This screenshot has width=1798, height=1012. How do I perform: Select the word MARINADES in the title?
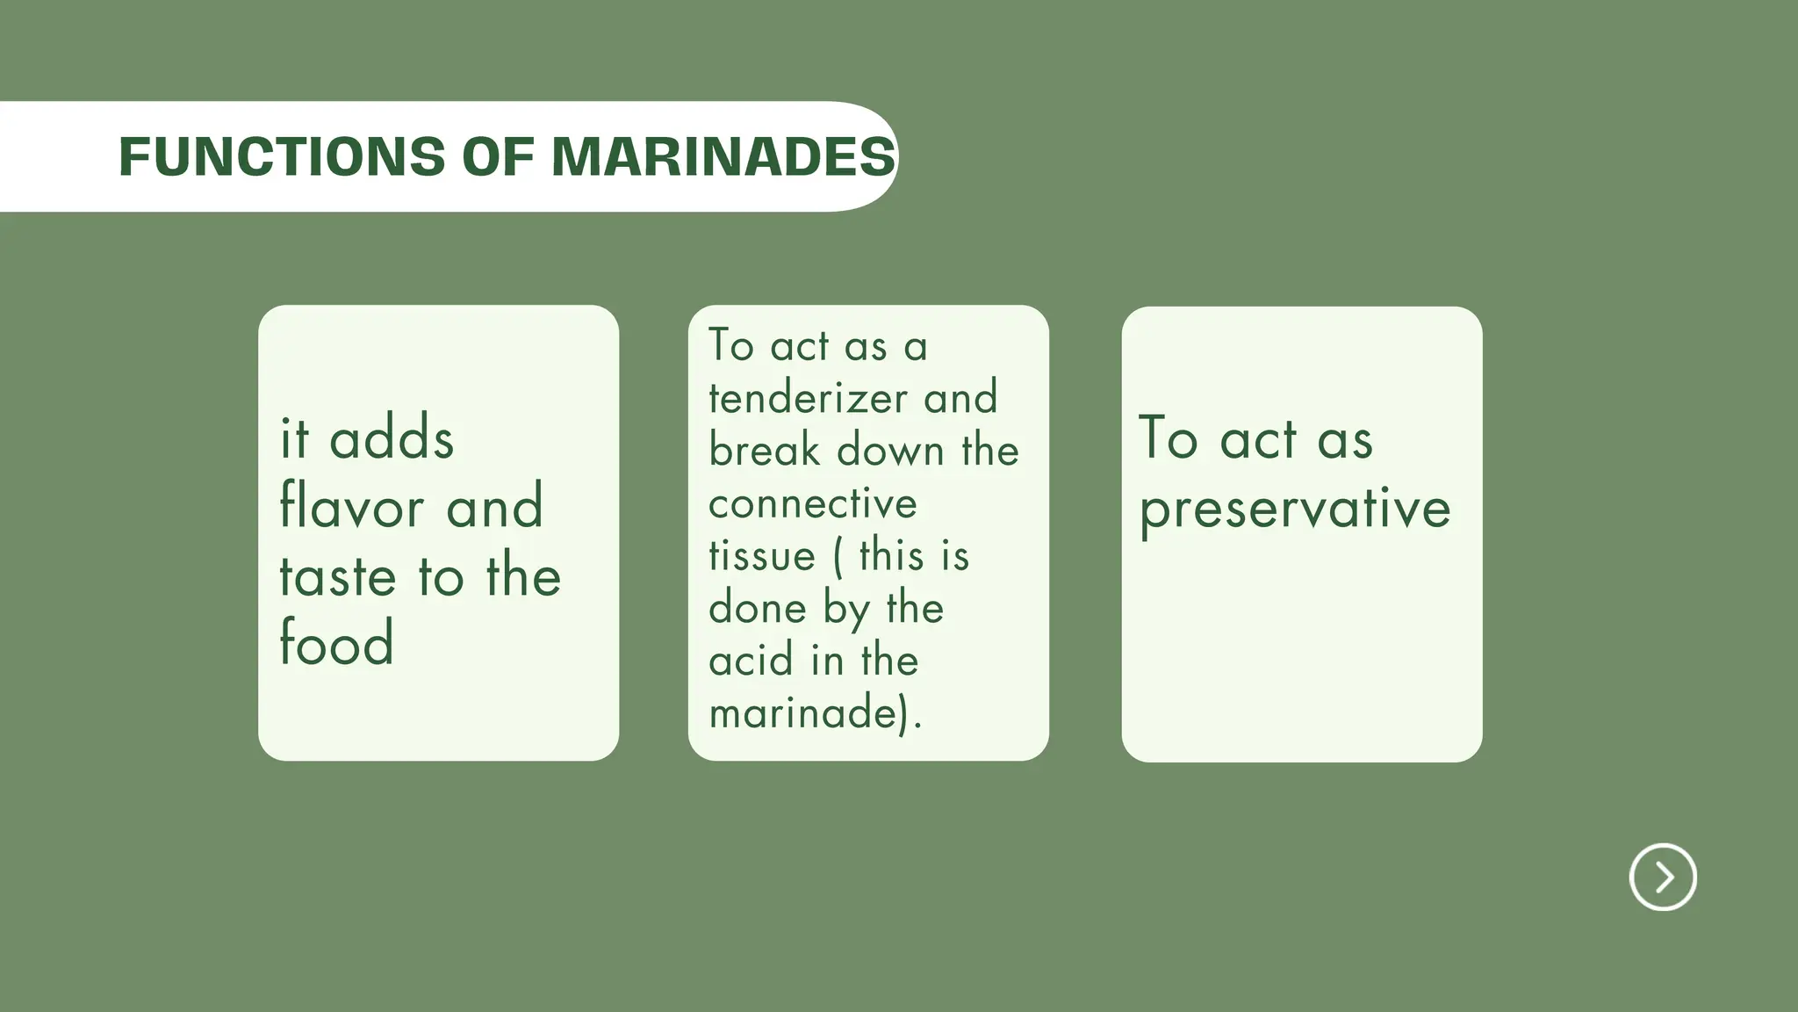pos(723,157)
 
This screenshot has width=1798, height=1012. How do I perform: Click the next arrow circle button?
pos(1663,877)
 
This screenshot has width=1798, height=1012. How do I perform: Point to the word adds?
pos(392,438)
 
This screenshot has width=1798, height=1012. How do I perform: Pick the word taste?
pos(338,576)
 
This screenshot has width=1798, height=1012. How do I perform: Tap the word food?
pos(336,642)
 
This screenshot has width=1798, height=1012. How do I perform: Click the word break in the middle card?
pos(764,451)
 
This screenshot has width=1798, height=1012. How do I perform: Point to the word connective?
pos(812,504)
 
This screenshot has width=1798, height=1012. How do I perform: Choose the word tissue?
pos(762,556)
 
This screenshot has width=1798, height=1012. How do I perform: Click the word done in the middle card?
pos(757,608)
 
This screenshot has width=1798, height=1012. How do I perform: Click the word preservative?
pos(1295,510)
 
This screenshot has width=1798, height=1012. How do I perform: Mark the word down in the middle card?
pos(890,451)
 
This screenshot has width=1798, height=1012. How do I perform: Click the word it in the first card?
pos(294,438)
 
